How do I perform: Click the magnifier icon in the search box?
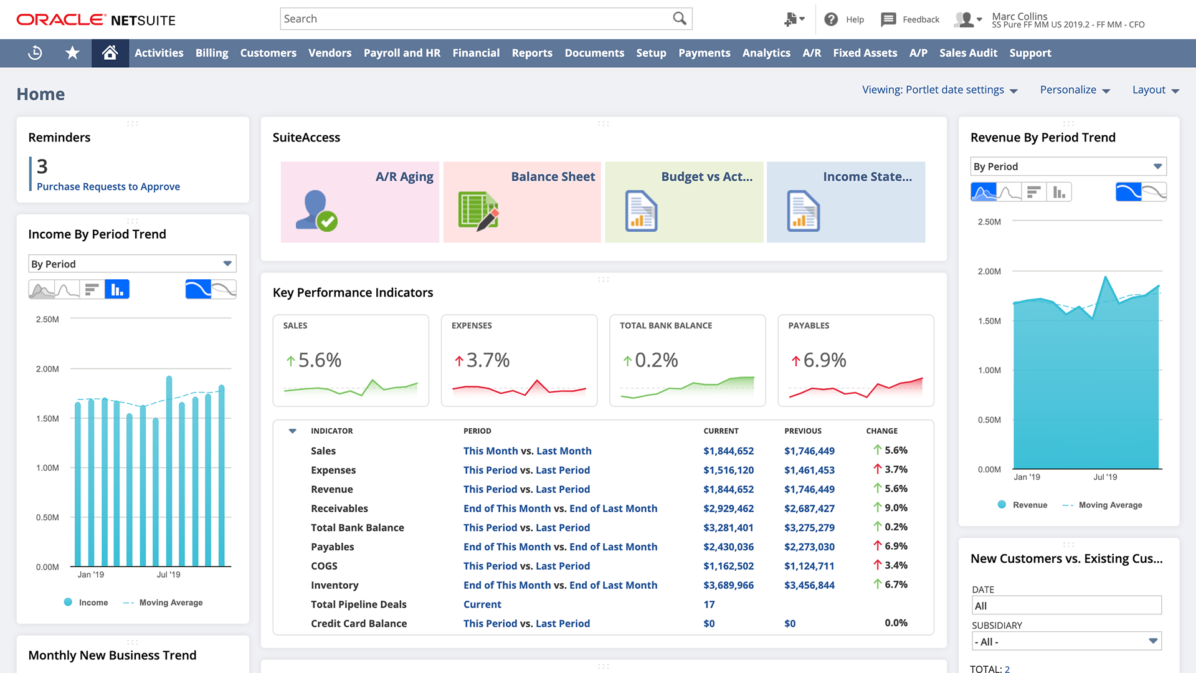(679, 19)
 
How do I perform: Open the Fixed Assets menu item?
(865, 53)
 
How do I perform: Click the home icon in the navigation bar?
(110, 53)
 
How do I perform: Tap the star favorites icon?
(72, 53)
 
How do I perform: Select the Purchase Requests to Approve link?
(108, 186)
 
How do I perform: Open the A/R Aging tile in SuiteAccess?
(360, 202)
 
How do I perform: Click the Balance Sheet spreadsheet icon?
(478, 211)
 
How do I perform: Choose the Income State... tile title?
(867, 177)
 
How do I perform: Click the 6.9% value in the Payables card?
(824, 360)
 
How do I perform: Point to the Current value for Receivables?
(728, 508)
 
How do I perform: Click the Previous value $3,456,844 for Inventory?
(809, 585)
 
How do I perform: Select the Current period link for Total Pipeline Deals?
(482, 604)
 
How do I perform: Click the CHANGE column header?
(881, 431)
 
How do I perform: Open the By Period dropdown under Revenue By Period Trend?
(1068, 166)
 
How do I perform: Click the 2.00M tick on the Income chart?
(47, 369)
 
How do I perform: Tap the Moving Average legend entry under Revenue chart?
(1110, 505)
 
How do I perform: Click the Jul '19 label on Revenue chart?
(1104, 477)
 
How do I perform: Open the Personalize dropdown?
(1075, 90)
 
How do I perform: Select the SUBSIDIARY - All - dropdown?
(1066, 641)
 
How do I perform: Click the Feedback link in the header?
(920, 19)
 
